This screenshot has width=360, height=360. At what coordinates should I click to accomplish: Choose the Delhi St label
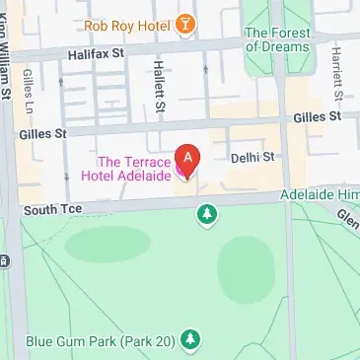pyautogui.click(x=251, y=158)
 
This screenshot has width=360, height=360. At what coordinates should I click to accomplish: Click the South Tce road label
pyautogui.click(x=52, y=209)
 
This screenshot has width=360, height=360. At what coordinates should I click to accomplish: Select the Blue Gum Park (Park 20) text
pyautogui.click(x=103, y=342)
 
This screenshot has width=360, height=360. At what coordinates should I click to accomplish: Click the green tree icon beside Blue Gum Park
pyautogui.click(x=193, y=342)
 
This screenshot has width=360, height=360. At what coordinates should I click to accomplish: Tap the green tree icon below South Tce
pyautogui.click(x=206, y=212)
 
